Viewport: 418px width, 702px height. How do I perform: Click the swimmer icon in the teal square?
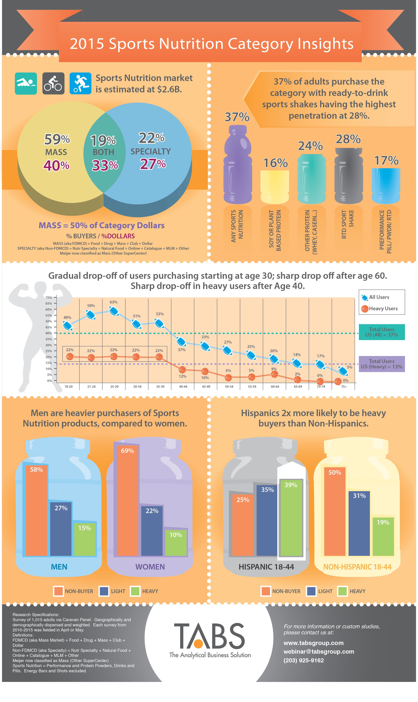26,83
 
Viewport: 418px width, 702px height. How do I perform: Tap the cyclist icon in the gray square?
53,83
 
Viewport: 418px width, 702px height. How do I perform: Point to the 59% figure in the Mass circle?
57,139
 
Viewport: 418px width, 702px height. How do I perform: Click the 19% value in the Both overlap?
103,140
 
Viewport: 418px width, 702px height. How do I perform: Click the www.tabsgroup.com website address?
313,643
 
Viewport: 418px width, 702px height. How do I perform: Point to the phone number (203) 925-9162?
304,660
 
